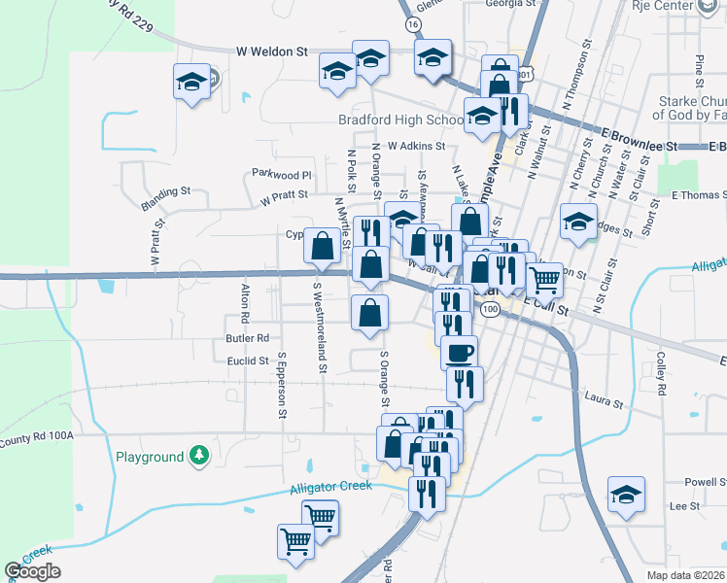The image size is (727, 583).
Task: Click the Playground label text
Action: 150,457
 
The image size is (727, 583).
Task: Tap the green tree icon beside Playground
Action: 199,456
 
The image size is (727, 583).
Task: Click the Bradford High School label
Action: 400,120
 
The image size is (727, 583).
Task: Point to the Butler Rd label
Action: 246,338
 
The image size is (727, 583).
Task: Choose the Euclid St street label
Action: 248,360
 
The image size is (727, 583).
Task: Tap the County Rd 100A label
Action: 37,436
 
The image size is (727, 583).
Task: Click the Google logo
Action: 32,571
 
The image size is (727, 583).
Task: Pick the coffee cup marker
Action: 460,351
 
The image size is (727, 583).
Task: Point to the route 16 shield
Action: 414,23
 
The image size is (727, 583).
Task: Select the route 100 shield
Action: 491,309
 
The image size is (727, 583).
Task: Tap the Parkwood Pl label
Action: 282,175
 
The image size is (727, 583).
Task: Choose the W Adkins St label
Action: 415,146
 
